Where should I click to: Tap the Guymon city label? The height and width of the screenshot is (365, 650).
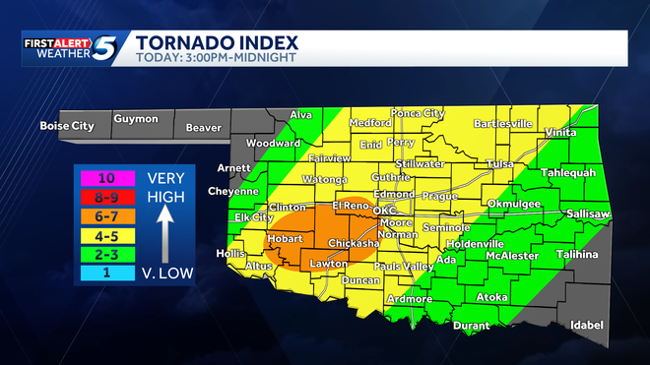click(x=135, y=119)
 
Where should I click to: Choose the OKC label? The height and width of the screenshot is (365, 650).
click(x=385, y=211)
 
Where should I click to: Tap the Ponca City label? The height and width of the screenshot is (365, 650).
click(x=418, y=113)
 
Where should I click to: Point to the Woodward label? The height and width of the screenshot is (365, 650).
click(x=273, y=143)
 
